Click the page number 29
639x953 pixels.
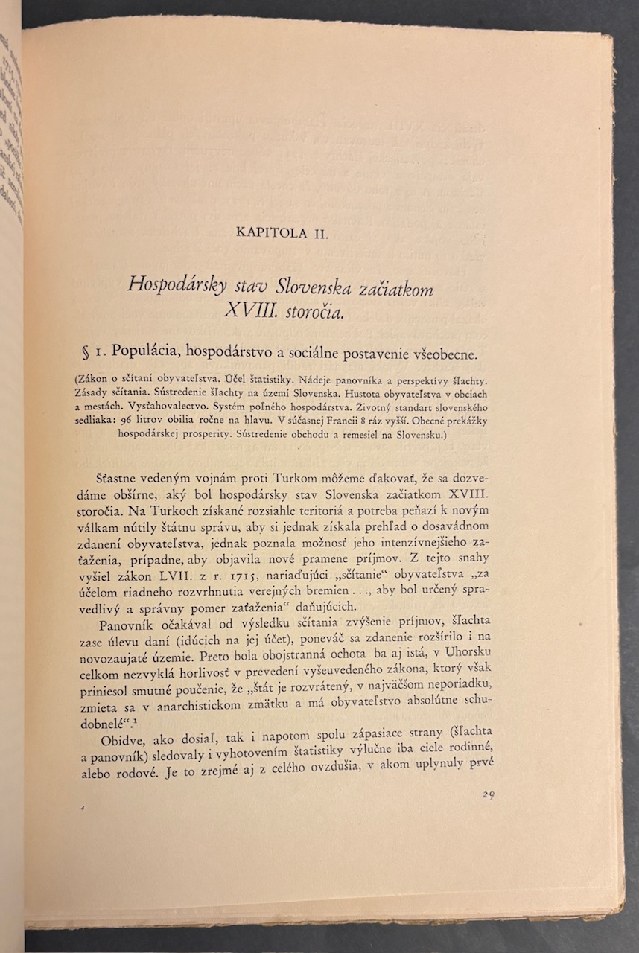(488, 794)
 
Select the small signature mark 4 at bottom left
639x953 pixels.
(86, 808)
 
